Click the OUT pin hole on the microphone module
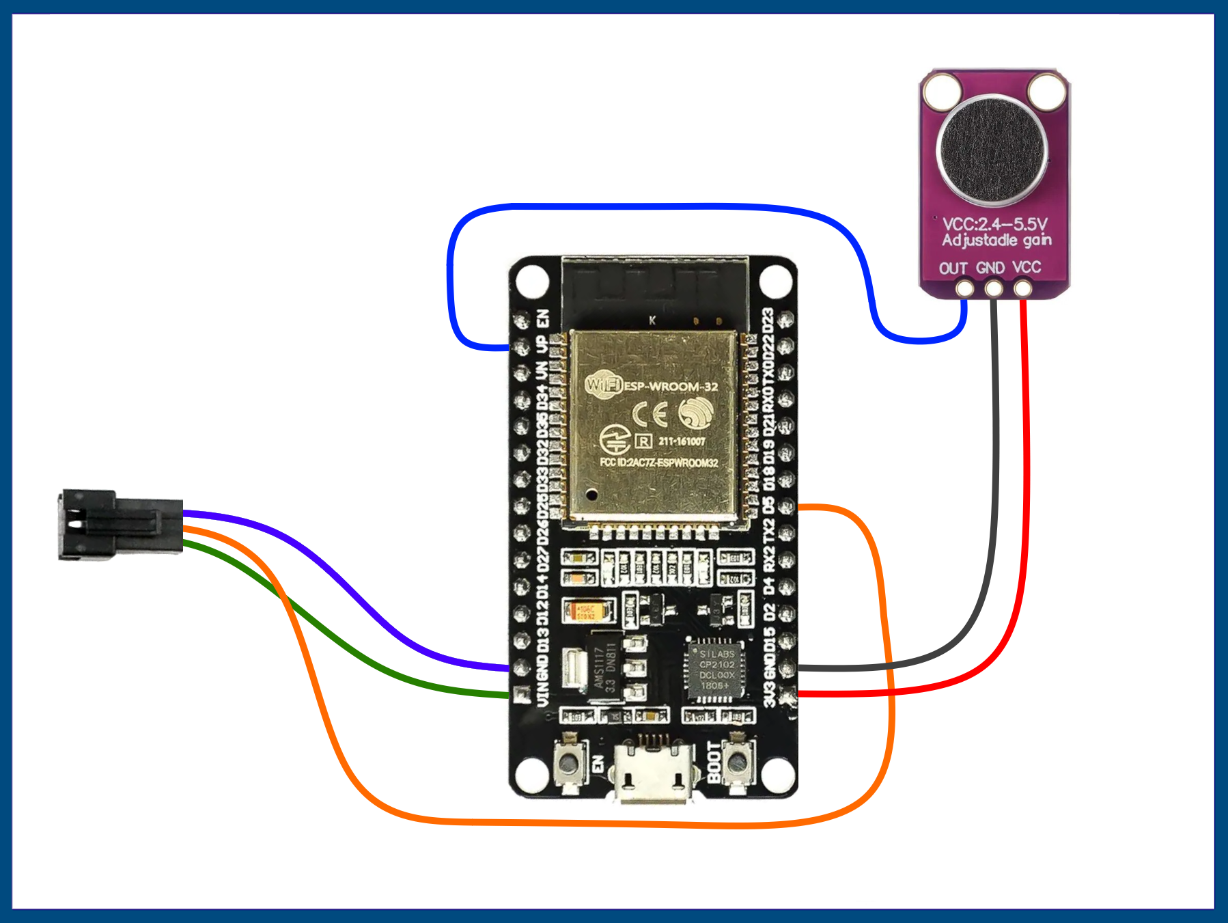(964, 288)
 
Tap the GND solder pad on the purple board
(994, 288)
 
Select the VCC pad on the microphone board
(1022, 288)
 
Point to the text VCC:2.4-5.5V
(994, 224)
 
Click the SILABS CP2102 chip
(716, 670)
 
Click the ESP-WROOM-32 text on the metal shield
(671, 386)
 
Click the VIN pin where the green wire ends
(522, 695)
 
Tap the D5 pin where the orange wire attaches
(786, 506)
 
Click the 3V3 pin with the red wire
(787, 695)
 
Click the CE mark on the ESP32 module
(650, 414)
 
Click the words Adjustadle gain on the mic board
(996, 240)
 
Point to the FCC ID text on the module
(658, 463)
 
